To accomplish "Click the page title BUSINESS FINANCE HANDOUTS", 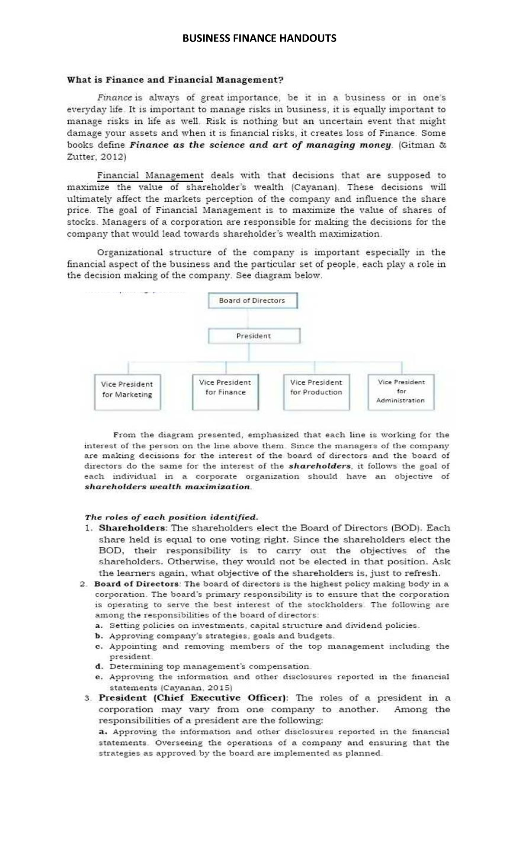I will [259, 39].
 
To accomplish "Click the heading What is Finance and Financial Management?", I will [175, 80].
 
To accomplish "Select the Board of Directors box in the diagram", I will [252, 301].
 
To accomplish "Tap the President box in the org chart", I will [254, 336].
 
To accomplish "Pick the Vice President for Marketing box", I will [127, 390].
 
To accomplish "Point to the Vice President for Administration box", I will [400, 391].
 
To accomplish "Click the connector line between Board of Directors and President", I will [248, 319].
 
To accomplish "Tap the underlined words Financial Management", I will [150, 176].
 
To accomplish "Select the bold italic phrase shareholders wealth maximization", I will [167, 487].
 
